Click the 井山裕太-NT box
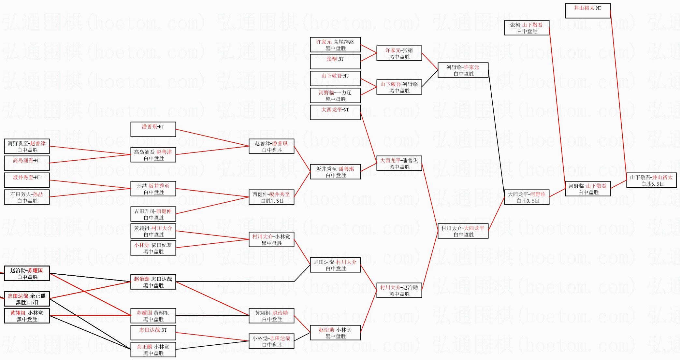tap(587, 11)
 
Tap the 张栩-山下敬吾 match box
tap(527, 28)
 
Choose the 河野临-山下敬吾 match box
tap(587, 189)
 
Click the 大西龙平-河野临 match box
tap(527, 197)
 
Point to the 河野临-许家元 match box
tap(463, 70)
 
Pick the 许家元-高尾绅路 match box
tap(335, 45)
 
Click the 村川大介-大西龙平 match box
tap(463, 231)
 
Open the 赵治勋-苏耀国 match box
tap(27, 274)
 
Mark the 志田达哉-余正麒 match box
tap(27, 299)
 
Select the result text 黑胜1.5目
tap(27, 303)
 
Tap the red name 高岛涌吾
tap(23, 161)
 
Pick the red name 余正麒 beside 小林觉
tap(144, 347)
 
